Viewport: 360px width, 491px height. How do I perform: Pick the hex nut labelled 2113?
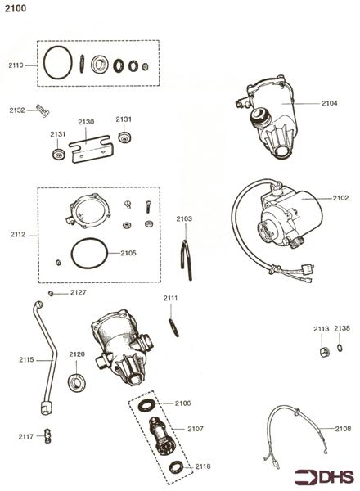tap(322, 350)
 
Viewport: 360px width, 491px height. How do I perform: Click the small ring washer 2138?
tap(340, 347)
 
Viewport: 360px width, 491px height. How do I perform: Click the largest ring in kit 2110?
tap(57, 64)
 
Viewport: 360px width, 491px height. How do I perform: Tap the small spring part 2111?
tap(172, 326)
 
